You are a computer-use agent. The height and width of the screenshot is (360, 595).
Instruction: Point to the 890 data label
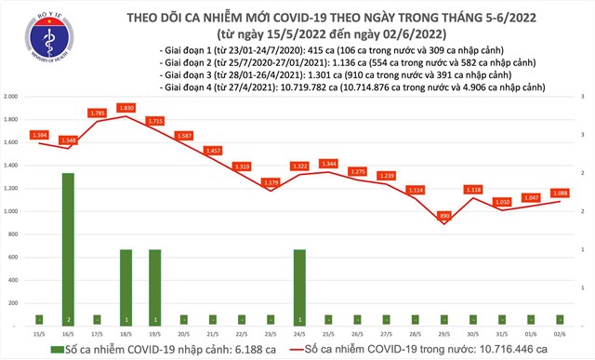(444, 216)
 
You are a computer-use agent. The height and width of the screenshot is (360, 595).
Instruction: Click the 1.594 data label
(39, 135)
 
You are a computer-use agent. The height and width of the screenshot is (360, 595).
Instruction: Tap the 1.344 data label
(328, 164)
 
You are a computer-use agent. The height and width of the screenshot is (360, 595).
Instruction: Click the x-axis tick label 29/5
(444, 332)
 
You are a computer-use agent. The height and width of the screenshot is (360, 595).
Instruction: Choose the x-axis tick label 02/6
(560, 332)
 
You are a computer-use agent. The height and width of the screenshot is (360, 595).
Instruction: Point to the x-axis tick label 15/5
(39, 332)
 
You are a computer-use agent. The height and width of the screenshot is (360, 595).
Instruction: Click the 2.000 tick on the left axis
(12, 97)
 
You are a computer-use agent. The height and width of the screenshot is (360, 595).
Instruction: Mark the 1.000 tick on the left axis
(12, 211)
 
